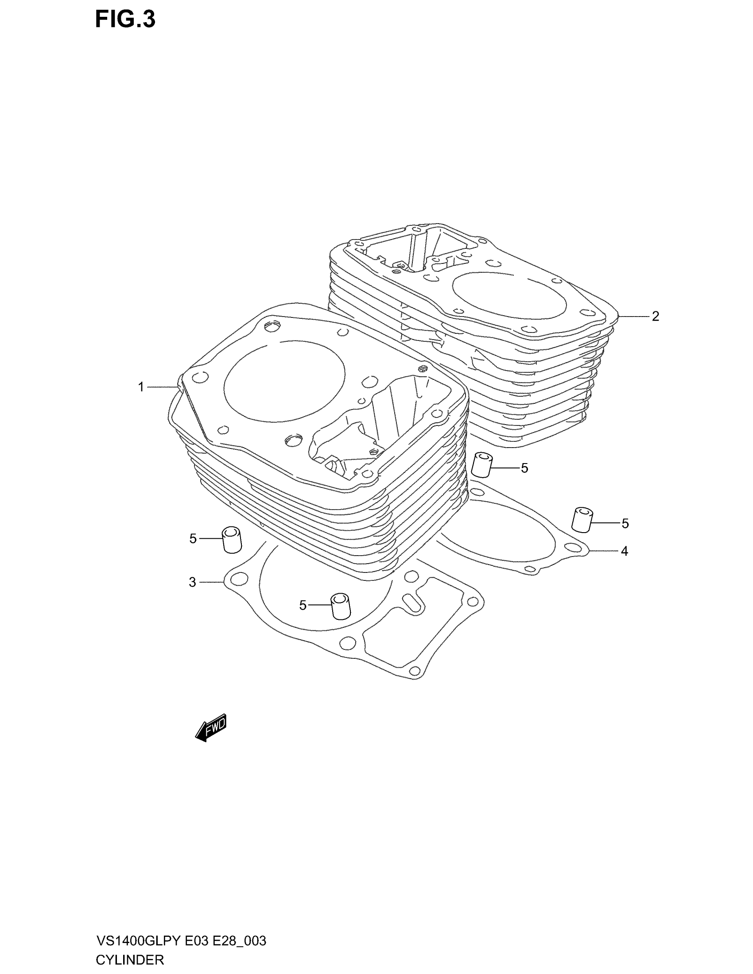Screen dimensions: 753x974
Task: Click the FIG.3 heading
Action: point(125,19)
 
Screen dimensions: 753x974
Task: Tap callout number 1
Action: point(141,387)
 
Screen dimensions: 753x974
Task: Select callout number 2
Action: point(655,316)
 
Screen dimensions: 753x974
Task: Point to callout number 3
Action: point(192,582)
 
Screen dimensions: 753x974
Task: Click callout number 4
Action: point(625,551)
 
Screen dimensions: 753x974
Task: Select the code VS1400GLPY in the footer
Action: point(138,941)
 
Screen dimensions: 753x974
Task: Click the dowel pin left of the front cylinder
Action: point(232,540)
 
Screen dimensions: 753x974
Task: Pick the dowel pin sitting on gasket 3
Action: point(340,606)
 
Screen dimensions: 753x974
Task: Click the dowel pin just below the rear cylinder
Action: point(481,464)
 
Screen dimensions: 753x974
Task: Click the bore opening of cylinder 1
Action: point(284,381)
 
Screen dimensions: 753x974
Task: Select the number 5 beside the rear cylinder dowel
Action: point(524,468)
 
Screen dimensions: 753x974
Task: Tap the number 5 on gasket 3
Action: point(303,605)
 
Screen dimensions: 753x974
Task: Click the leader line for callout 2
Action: point(633,316)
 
